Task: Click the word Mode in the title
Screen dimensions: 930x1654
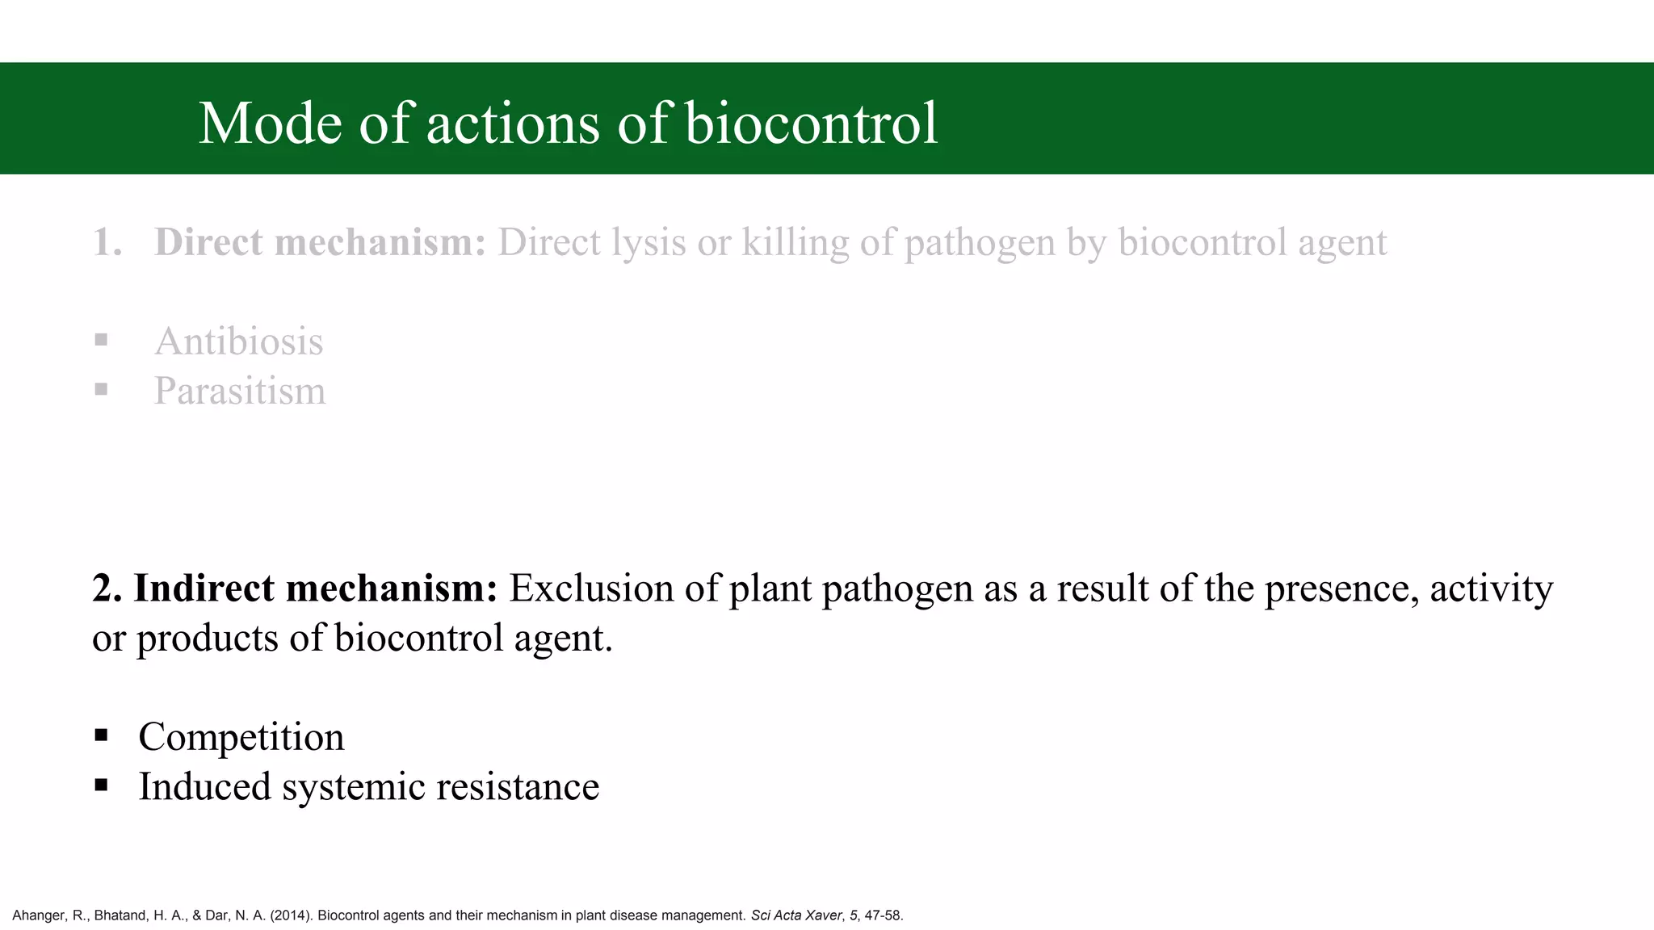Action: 270,124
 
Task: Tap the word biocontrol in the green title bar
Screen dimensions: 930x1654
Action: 811,124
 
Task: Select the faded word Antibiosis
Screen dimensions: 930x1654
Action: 238,341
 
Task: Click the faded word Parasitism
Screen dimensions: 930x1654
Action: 240,392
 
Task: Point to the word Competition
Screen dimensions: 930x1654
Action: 241,737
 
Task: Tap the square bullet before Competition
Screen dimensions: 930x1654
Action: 101,735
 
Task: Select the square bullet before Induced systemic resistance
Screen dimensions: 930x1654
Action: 101,785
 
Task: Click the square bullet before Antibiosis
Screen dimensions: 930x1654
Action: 101,340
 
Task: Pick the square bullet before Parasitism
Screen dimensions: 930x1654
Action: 101,389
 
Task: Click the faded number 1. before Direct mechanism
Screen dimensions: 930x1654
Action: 107,242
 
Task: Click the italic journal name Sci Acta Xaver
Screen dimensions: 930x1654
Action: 796,915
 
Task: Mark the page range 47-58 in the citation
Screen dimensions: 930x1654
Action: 883,915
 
